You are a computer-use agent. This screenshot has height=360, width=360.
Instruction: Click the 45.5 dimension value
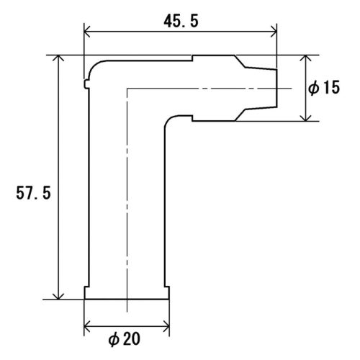tap(181, 21)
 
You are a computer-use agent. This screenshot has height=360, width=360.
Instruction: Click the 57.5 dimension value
tap(33, 193)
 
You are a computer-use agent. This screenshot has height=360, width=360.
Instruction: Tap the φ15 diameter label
tap(324, 87)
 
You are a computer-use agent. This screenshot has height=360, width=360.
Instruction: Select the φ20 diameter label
tap(124, 339)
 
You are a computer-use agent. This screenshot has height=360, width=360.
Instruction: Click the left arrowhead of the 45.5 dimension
tap(87, 32)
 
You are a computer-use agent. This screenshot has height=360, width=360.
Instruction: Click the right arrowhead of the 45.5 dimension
tap(274, 32)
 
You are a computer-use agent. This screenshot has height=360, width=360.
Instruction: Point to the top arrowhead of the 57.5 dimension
tap(58, 58)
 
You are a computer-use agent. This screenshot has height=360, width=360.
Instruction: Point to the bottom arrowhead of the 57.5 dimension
tap(58, 296)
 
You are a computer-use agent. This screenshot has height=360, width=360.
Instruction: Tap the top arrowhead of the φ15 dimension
tap(305, 58)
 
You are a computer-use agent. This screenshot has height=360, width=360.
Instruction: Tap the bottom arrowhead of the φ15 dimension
tap(305, 118)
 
